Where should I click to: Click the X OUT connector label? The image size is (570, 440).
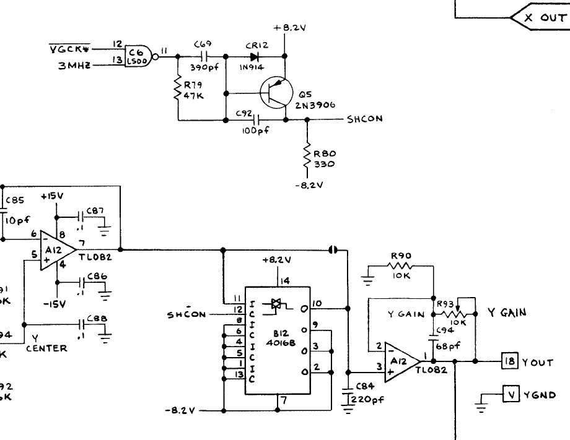pyautogui.click(x=545, y=17)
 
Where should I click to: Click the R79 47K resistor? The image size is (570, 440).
pyautogui.click(x=178, y=88)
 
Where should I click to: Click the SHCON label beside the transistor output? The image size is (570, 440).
pyautogui.click(x=365, y=119)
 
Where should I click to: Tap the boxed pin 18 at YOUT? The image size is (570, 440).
pyautogui.click(x=509, y=362)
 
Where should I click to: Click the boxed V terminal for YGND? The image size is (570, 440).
pyautogui.click(x=510, y=394)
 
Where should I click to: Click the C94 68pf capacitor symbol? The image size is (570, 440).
pyautogui.click(x=434, y=338)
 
